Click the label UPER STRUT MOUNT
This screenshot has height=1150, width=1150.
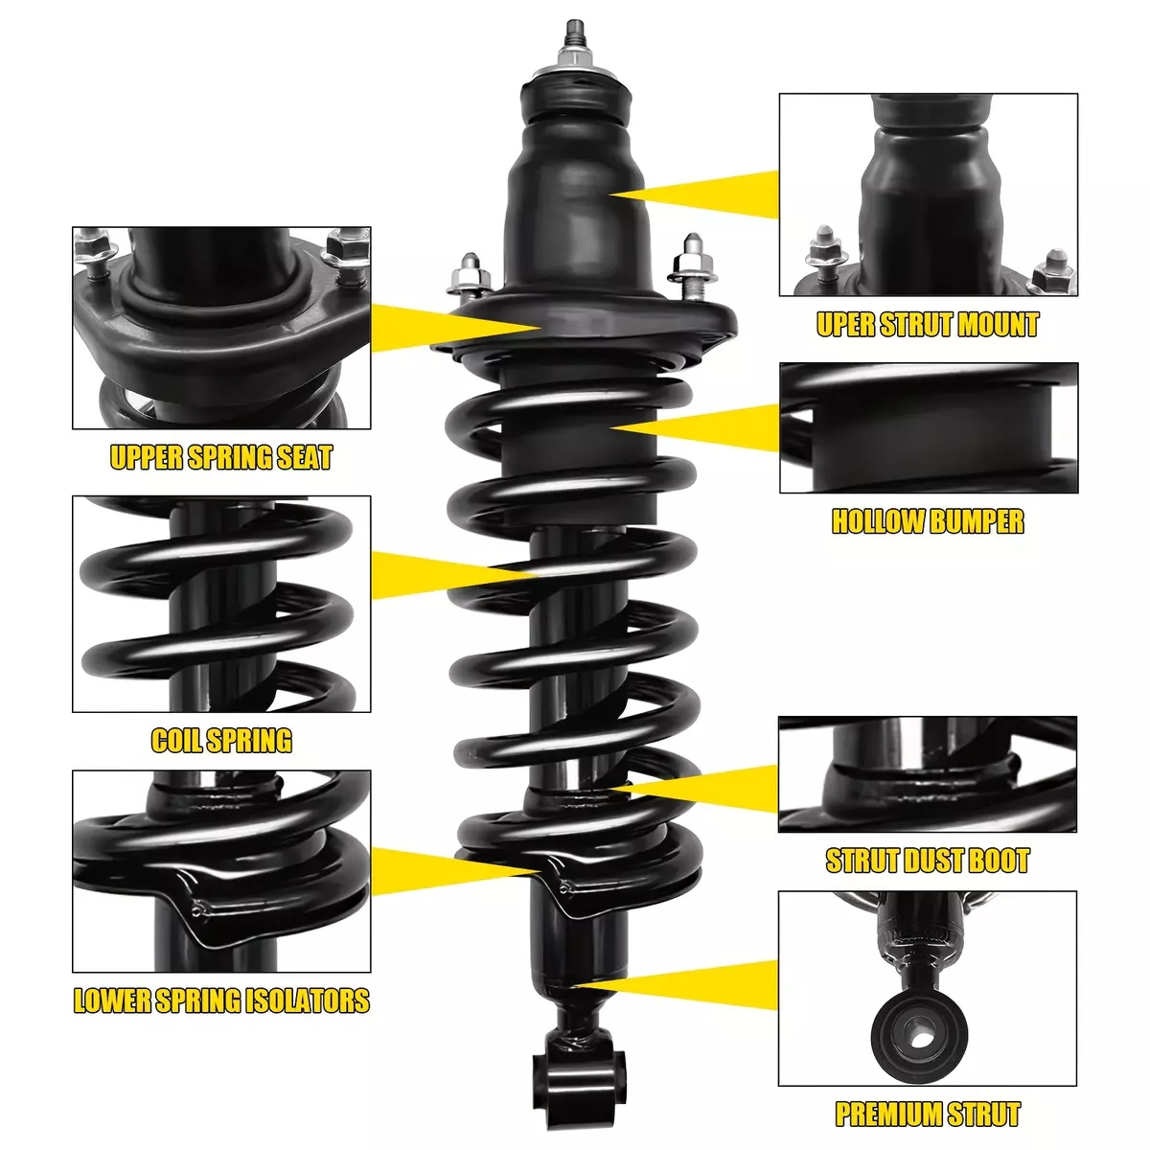click(x=928, y=325)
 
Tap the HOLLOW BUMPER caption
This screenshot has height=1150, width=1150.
click(x=928, y=521)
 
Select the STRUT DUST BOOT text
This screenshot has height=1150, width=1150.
click(x=928, y=861)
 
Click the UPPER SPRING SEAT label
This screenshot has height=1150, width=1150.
click(x=221, y=457)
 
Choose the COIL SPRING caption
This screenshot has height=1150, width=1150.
click(x=221, y=740)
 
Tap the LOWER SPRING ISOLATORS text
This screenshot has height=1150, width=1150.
click(x=221, y=1000)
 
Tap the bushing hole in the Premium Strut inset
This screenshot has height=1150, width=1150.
click(x=921, y=1039)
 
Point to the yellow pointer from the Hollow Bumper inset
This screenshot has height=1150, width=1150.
click(x=695, y=427)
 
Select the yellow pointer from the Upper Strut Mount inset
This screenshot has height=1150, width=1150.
click(x=694, y=194)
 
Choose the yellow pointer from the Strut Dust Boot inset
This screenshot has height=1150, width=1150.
click(x=694, y=789)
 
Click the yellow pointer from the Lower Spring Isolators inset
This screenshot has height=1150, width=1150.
click(x=455, y=871)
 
